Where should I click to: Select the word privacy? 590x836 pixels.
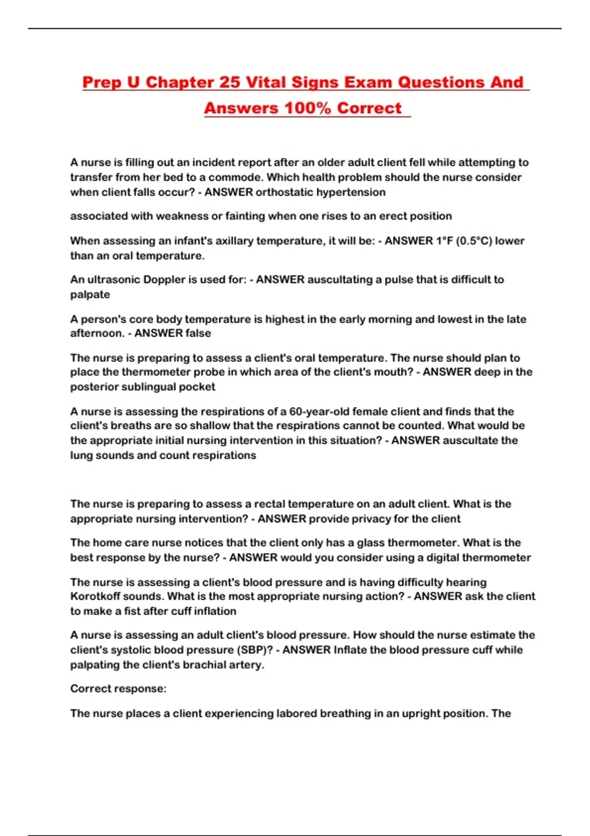(x=379, y=519)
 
